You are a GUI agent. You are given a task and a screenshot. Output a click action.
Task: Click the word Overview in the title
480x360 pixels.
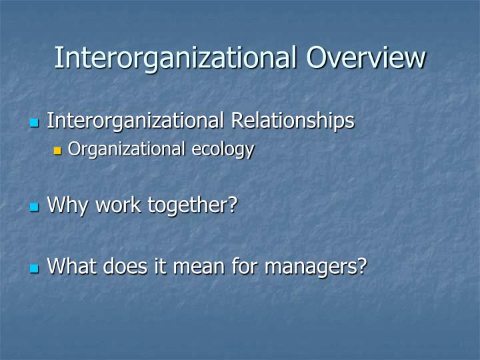click(365, 57)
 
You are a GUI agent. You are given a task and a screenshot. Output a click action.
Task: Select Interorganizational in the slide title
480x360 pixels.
click(177, 57)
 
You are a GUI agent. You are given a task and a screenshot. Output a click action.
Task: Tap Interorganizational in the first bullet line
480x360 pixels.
click(137, 121)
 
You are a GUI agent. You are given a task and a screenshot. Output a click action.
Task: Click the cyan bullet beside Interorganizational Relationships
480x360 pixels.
click(35, 123)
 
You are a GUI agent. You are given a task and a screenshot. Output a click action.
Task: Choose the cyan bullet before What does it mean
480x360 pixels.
click(35, 269)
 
